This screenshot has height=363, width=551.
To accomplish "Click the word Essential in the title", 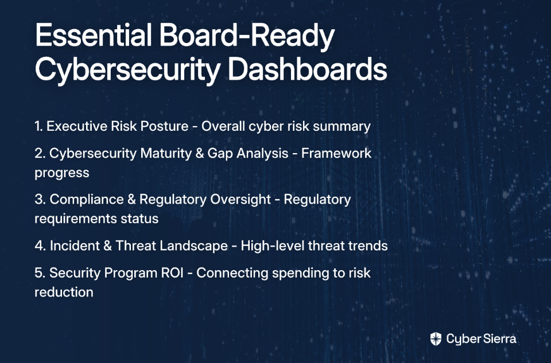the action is [94, 35].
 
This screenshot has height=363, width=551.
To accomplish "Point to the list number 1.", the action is [38, 126].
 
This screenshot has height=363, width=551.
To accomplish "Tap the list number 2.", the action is [40, 154].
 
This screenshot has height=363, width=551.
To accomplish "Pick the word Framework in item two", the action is [336, 154].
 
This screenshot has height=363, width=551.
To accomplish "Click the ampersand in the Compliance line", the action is [131, 200].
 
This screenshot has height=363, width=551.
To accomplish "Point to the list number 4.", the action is [40, 246].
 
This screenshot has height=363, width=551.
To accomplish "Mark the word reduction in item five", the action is [64, 292].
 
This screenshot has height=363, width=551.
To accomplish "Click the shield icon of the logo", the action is [436, 339].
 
